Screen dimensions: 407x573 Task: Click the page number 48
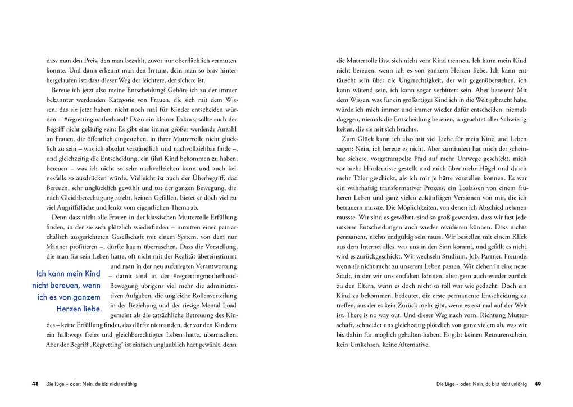click(x=35, y=384)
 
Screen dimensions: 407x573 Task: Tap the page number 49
click(x=537, y=384)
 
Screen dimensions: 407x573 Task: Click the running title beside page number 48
click(x=91, y=384)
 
